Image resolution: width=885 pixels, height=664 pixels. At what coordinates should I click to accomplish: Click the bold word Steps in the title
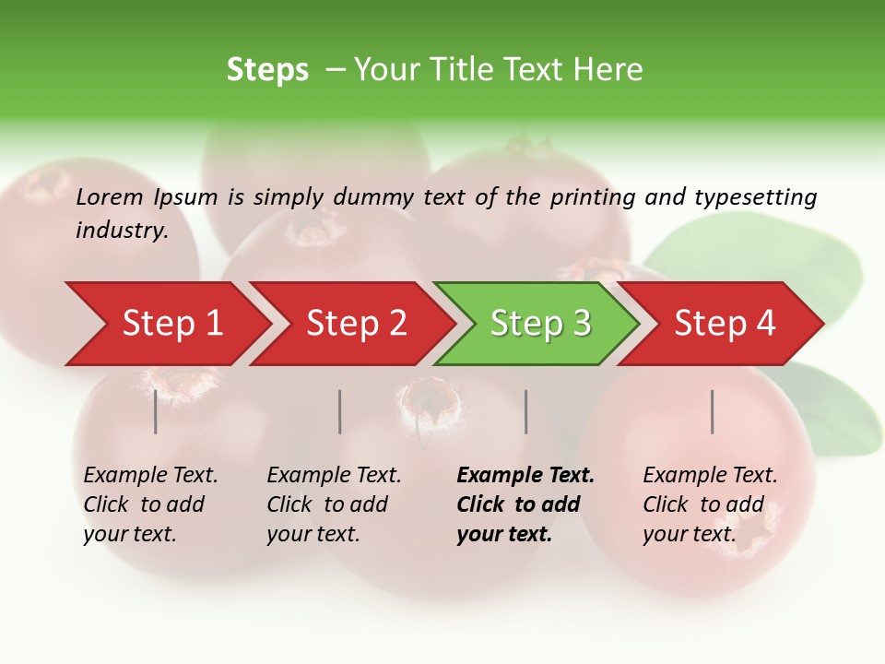click(x=267, y=70)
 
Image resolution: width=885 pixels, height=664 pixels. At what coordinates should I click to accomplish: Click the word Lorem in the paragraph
click(x=110, y=197)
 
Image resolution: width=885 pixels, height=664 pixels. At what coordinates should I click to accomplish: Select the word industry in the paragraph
click(x=122, y=230)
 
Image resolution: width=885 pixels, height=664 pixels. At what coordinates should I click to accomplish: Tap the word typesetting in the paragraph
click(x=755, y=197)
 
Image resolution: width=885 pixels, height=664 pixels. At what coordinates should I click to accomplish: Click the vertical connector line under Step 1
click(x=155, y=411)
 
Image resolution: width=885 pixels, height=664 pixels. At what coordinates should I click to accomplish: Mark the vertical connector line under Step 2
click(x=340, y=411)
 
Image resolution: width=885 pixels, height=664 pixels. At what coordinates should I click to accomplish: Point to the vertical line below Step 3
click(x=525, y=411)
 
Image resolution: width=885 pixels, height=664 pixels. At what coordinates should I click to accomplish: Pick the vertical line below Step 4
click(x=712, y=411)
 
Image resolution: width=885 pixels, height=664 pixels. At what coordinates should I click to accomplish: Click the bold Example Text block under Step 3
click(x=525, y=504)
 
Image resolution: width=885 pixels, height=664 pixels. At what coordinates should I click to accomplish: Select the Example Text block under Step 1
click(x=150, y=504)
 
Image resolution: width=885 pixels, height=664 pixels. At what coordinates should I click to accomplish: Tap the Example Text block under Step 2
click(x=334, y=504)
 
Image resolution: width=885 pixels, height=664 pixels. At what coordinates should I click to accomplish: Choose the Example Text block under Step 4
click(x=710, y=504)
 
